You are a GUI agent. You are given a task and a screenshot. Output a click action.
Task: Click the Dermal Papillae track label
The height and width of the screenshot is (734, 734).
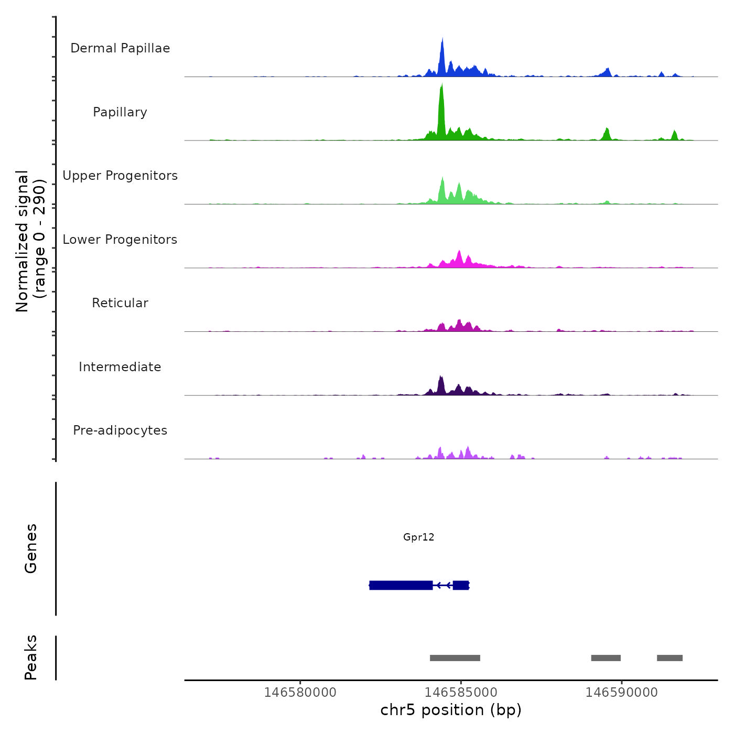pyautogui.click(x=120, y=48)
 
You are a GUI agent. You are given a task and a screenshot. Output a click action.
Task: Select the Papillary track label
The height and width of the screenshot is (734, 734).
pyautogui.click(x=120, y=112)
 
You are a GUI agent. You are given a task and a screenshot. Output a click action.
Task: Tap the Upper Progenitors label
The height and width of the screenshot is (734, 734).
pyautogui.click(x=120, y=176)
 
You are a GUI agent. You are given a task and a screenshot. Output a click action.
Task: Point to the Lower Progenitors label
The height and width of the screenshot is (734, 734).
pyautogui.click(x=120, y=240)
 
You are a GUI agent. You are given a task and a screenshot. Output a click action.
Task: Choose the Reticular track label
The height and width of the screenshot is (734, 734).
pyautogui.click(x=120, y=303)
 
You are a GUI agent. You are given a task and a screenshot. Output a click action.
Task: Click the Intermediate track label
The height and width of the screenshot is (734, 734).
pyautogui.click(x=120, y=367)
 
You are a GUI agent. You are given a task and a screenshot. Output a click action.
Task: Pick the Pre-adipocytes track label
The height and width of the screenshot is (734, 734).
pyautogui.click(x=120, y=430)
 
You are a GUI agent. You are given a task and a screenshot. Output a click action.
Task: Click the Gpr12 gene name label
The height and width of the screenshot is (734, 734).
pyautogui.click(x=418, y=537)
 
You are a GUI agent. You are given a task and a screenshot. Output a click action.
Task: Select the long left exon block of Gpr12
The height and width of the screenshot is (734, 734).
pyautogui.click(x=401, y=585)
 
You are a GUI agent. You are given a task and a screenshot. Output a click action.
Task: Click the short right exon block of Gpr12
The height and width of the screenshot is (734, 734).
pyautogui.click(x=461, y=585)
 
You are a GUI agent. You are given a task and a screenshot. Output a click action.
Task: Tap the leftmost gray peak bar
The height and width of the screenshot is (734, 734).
pyautogui.click(x=455, y=658)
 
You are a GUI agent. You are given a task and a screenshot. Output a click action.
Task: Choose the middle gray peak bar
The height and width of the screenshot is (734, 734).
pyautogui.click(x=606, y=658)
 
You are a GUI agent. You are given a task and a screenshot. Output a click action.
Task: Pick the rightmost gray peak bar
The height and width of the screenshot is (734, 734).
pyautogui.click(x=670, y=658)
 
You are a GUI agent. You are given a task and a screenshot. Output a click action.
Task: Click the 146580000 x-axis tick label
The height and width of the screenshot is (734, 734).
pyautogui.click(x=300, y=693)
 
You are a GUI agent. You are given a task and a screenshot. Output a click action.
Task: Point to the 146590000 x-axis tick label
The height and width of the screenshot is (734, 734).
pyautogui.click(x=621, y=693)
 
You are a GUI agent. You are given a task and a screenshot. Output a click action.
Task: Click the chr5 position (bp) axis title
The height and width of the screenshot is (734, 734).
pyautogui.click(x=451, y=710)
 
